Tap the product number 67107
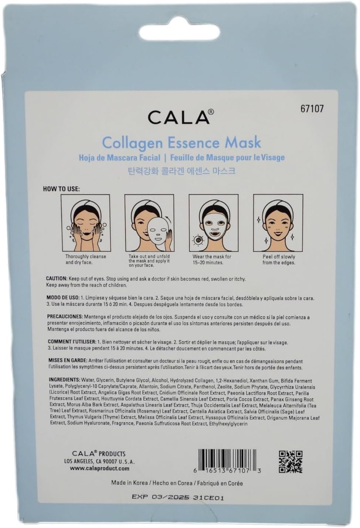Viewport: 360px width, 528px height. tap(312, 109)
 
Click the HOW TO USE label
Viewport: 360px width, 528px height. tap(61, 189)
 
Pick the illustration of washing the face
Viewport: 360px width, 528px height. tap(86, 223)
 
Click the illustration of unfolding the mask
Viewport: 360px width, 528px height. tap(149, 223)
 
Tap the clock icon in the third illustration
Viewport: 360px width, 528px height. tap(198, 240)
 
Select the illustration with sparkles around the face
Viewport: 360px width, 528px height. tap(278, 223)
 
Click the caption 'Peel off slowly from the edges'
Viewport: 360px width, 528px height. tap(279, 259)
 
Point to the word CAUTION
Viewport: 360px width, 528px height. tap(57, 279)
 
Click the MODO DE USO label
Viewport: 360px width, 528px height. tap(61, 298)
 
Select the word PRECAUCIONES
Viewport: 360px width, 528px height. tap(65, 316)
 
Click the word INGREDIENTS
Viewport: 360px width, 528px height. tap(64, 380)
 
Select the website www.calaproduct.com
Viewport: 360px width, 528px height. tap(99, 469)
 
